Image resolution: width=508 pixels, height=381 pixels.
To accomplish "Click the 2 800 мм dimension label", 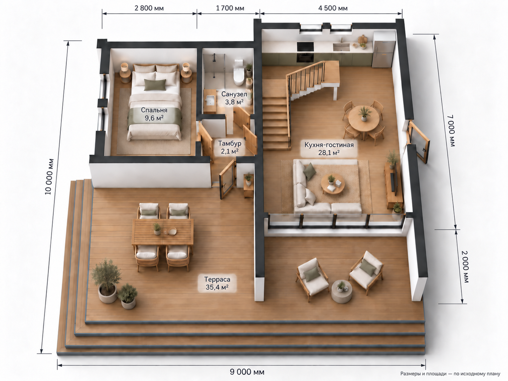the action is [149, 8].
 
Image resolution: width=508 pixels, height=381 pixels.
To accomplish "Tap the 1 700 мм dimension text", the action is [230, 8].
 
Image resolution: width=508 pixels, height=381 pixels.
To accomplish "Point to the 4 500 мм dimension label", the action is [333, 8].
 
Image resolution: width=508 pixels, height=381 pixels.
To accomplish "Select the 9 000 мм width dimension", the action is [247, 372].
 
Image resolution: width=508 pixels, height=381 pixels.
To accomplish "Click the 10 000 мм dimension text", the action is [49, 177].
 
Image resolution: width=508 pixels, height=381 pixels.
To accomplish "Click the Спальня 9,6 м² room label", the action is [154, 114].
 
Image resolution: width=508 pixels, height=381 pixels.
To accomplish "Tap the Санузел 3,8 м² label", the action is [234, 98].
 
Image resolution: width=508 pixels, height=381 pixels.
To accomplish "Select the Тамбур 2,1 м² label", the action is [229, 147].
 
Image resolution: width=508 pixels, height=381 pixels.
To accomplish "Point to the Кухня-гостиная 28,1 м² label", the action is [329, 149].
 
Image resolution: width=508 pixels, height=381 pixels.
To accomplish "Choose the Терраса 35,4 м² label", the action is [217, 283].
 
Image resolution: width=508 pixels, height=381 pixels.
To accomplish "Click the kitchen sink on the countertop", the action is [341, 47].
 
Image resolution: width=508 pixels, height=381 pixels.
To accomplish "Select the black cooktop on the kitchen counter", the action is [305, 47].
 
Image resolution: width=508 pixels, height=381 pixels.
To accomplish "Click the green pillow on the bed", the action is [155, 85].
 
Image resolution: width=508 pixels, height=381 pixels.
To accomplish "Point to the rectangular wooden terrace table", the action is [163, 232].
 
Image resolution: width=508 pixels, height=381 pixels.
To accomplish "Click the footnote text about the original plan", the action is [450, 374].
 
